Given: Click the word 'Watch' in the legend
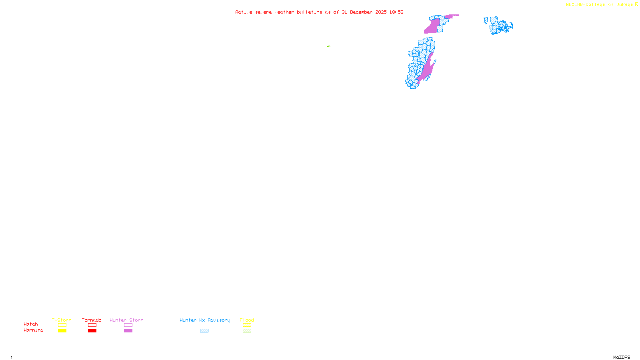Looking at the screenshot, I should click(31, 324).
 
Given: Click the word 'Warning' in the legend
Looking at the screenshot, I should click(33, 330).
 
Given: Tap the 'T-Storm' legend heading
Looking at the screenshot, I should click(62, 320).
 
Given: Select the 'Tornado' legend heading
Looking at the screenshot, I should click(92, 320).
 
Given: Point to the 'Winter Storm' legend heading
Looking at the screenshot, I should click(126, 320).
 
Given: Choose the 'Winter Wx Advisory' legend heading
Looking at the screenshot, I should click(205, 320).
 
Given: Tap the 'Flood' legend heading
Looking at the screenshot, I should click(247, 320).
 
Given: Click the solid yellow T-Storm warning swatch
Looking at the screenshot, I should click(62, 331).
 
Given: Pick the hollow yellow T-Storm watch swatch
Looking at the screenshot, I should click(62, 325).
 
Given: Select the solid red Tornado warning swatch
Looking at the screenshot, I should click(92, 331).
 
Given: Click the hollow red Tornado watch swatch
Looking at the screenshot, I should click(92, 325).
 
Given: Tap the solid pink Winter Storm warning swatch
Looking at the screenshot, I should click(128, 331).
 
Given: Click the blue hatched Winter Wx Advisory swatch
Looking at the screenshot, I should click(204, 331).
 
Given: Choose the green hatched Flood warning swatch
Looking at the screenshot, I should click(247, 331).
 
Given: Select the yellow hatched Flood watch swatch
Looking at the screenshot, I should click(247, 325).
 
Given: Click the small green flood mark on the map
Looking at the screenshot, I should click(328, 46).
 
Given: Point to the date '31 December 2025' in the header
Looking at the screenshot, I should click(364, 12).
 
